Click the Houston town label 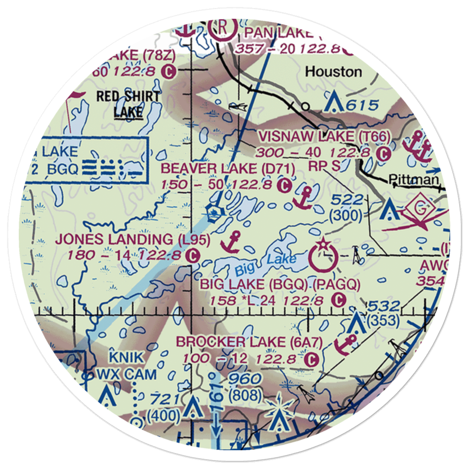pyautogui.click(x=333, y=72)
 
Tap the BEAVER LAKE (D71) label pyautogui.click(x=227, y=168)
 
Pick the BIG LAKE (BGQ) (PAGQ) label pyautogui.click(x=280, y=284)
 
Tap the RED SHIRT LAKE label pyautogui.click(x=128, y=104)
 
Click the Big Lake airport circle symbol pyautogui.click(x=324, y=257)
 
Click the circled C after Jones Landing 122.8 pyautogui.click(x=191, y=256)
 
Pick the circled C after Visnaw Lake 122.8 pyautogui.click(x=384, y=153)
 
